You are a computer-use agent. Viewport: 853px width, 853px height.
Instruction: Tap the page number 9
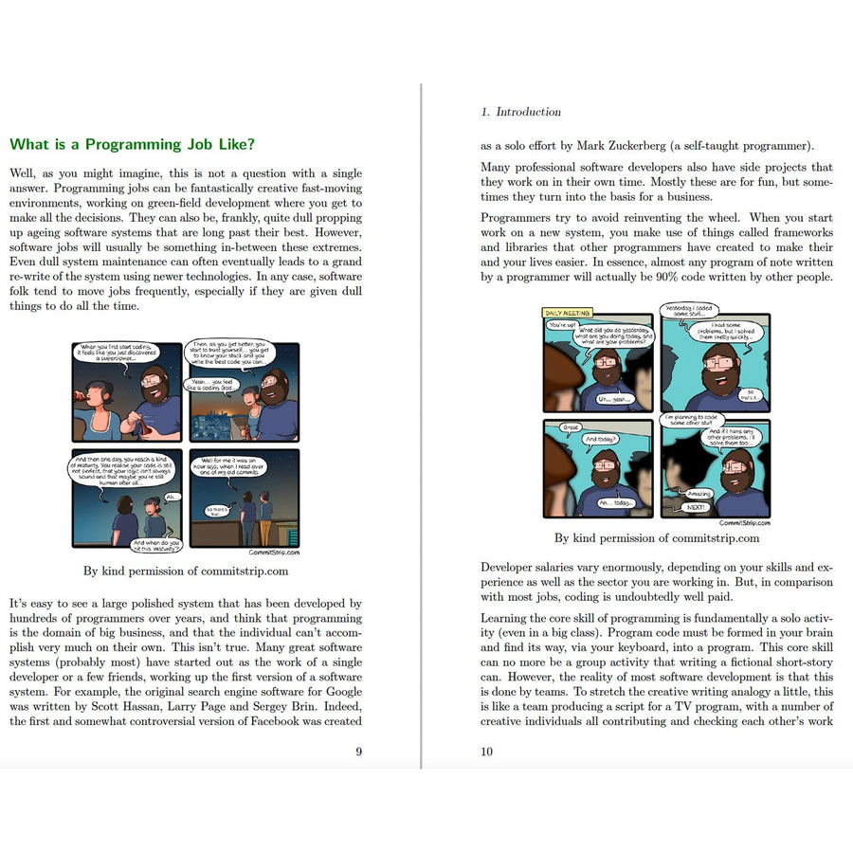[358, 752]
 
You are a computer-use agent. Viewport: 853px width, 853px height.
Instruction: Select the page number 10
[487, 752]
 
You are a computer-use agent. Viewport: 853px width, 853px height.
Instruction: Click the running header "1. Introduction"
[520, 112]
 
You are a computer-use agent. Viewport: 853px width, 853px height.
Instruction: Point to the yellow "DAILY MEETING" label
[567, 313]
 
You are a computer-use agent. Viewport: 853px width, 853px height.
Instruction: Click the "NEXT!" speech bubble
[697, 507]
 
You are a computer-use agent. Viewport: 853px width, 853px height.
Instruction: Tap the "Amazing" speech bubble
[699, 494]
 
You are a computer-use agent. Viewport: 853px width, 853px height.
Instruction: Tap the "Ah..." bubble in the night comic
[172, 496]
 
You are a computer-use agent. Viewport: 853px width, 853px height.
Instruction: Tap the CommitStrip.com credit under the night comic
[274, 552]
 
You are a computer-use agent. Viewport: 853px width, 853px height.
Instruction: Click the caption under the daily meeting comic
[656, 538]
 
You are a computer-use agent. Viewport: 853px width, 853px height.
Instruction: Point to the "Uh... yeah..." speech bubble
[613, 399]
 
